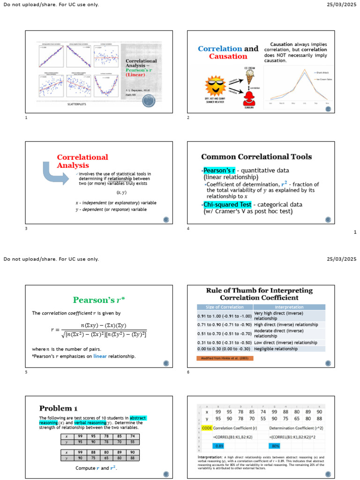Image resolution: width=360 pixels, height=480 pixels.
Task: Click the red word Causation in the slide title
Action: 228,56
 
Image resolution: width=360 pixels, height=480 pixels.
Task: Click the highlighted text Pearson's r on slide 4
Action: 219,170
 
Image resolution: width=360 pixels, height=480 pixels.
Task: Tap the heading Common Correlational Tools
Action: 256,157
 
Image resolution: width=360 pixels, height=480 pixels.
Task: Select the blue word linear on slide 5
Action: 101,357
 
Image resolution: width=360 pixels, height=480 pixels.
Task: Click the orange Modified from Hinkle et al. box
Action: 225,358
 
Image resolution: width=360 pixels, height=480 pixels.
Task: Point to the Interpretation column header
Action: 289,307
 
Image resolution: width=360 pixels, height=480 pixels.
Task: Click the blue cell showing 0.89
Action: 219,445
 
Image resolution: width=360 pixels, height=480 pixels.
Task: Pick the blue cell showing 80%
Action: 276,445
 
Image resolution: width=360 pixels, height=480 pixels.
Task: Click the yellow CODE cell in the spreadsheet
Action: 207,428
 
